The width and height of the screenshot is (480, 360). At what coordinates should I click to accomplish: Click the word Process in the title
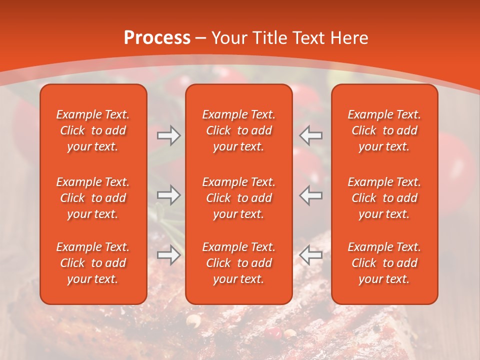point(157,38)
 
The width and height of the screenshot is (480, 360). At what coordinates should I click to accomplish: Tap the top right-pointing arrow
point(169,136)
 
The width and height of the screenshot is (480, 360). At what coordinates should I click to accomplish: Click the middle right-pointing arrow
point(169,195)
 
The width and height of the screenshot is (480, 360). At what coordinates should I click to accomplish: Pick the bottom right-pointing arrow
point(169,255)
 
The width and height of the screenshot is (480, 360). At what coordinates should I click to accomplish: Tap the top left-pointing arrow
point(311,136)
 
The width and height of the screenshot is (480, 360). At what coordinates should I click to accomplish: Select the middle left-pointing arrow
point(311,195)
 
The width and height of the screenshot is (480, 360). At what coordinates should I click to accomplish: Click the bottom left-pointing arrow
point(311,255)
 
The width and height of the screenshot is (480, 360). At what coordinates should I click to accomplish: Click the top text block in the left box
point(93,130)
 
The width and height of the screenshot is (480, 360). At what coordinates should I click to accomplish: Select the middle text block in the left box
point(93,198)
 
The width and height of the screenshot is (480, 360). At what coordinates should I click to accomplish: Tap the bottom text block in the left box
point(93,263)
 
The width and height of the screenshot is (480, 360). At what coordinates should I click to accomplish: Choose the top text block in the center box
point(239,130)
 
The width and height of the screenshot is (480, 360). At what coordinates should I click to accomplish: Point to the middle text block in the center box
point(239,198)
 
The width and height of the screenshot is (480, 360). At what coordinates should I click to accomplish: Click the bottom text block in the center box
point(239,263)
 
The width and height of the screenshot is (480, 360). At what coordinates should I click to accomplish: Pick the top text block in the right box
point(384,130)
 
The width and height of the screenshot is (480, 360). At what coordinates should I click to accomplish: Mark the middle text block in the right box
point(384,198)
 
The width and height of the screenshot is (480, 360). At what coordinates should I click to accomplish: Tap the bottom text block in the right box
point(384,263)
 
